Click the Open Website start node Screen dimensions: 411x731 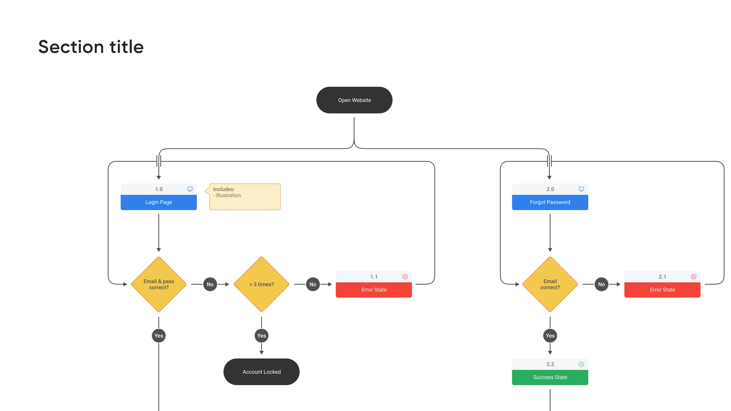point(354,100)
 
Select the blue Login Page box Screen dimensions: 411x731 point(159,202)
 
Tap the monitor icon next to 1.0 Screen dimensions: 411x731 point(190,189)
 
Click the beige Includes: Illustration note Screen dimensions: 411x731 point(245,197)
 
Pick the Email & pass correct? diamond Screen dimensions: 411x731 point(159,284)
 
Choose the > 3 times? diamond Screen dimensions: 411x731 point(262,284)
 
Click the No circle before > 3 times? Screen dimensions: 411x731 point(210,284)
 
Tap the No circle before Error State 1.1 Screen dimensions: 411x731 point(313,284)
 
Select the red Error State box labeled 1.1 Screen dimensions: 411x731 point(374,290)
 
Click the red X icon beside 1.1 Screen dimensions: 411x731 point(405,277)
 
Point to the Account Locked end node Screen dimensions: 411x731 point(262,372)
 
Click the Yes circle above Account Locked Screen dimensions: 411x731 point(262,336)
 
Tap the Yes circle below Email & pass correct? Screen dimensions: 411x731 point(159,336)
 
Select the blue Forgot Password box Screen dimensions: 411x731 point(550,202)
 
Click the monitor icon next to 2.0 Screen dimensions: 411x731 point(581,189)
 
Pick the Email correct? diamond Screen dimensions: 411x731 point(550,284)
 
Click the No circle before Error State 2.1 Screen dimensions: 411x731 point(602,284)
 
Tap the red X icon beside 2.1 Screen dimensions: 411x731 point(694,277)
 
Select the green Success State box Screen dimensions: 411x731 point(550,377)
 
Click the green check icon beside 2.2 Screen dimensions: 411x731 point(581,364)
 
